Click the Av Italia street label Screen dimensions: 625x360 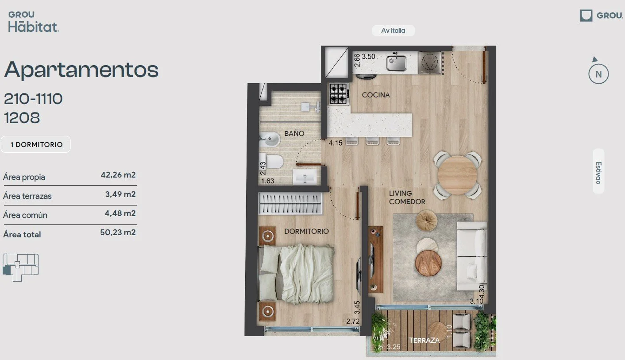pos(393,31)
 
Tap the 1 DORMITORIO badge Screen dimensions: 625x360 pos(36,144)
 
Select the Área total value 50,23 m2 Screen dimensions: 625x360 pos(118,232)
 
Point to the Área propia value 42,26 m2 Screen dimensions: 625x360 pos(118,175)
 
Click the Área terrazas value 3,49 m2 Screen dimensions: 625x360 pos(120,194)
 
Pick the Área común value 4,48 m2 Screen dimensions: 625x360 pos(120,213)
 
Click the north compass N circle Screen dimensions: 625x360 pos(598,74)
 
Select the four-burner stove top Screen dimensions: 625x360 pos(339,94)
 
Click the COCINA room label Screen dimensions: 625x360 pos(375,95)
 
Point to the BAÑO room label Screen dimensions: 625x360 pos(294,133)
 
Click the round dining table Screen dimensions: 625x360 pos(457,175)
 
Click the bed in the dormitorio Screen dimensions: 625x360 pos(296,274)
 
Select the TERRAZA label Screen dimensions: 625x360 pos(424,340)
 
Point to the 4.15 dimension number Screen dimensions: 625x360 pos(336,143)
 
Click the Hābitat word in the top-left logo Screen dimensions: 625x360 pos(33,27)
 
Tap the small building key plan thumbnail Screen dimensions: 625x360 pos(21,267)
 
